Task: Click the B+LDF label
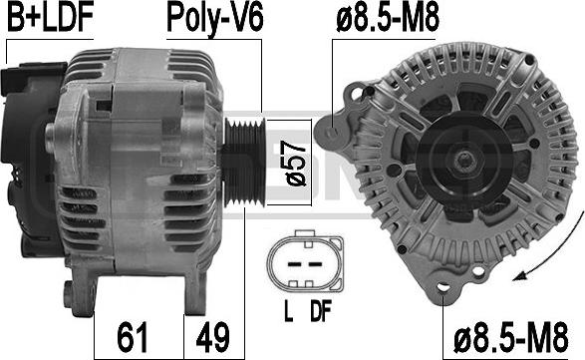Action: pos(50,17)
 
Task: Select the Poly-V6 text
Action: pos(215,19)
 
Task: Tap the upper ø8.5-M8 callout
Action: pos(388,17)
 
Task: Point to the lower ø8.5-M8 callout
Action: pos(511,338)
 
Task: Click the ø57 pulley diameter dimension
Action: pos(296,164)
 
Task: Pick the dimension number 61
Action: pos(133,338)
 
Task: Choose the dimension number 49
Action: pos(212,338)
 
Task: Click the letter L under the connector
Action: pos(288,312)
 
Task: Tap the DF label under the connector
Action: pos(321,312)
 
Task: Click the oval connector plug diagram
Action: pos(305,261)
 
